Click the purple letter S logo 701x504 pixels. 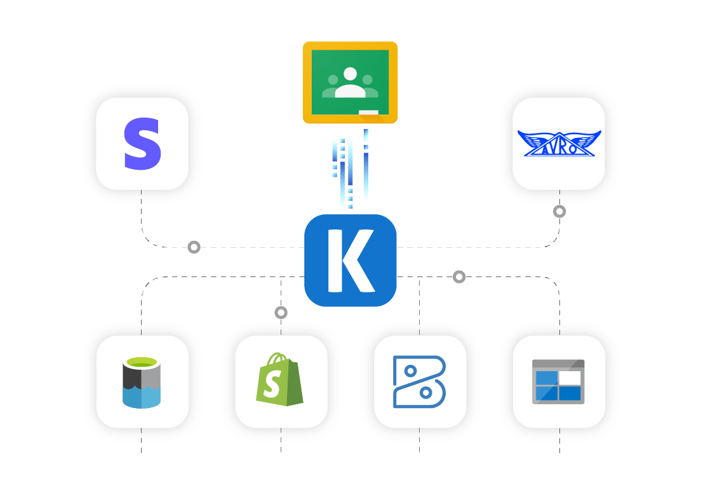[142, 144]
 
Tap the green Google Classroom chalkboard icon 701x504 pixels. [350, 82]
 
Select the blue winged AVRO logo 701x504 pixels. [559, 144]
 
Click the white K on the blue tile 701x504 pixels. [350, 261]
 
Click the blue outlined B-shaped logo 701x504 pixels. [419, 381]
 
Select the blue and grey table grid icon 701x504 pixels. [558, 381]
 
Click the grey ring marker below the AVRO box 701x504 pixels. [559, 211]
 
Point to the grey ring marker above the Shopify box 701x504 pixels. [281, 312]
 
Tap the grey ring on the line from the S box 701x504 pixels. [194, 247]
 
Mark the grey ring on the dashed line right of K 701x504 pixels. [459, 276]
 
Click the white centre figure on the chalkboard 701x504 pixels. [350, 83]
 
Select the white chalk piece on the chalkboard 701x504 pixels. [368, 112]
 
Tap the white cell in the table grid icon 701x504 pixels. [570, 378]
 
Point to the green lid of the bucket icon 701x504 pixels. [142, 363]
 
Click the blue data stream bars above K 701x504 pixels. [349, 168]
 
